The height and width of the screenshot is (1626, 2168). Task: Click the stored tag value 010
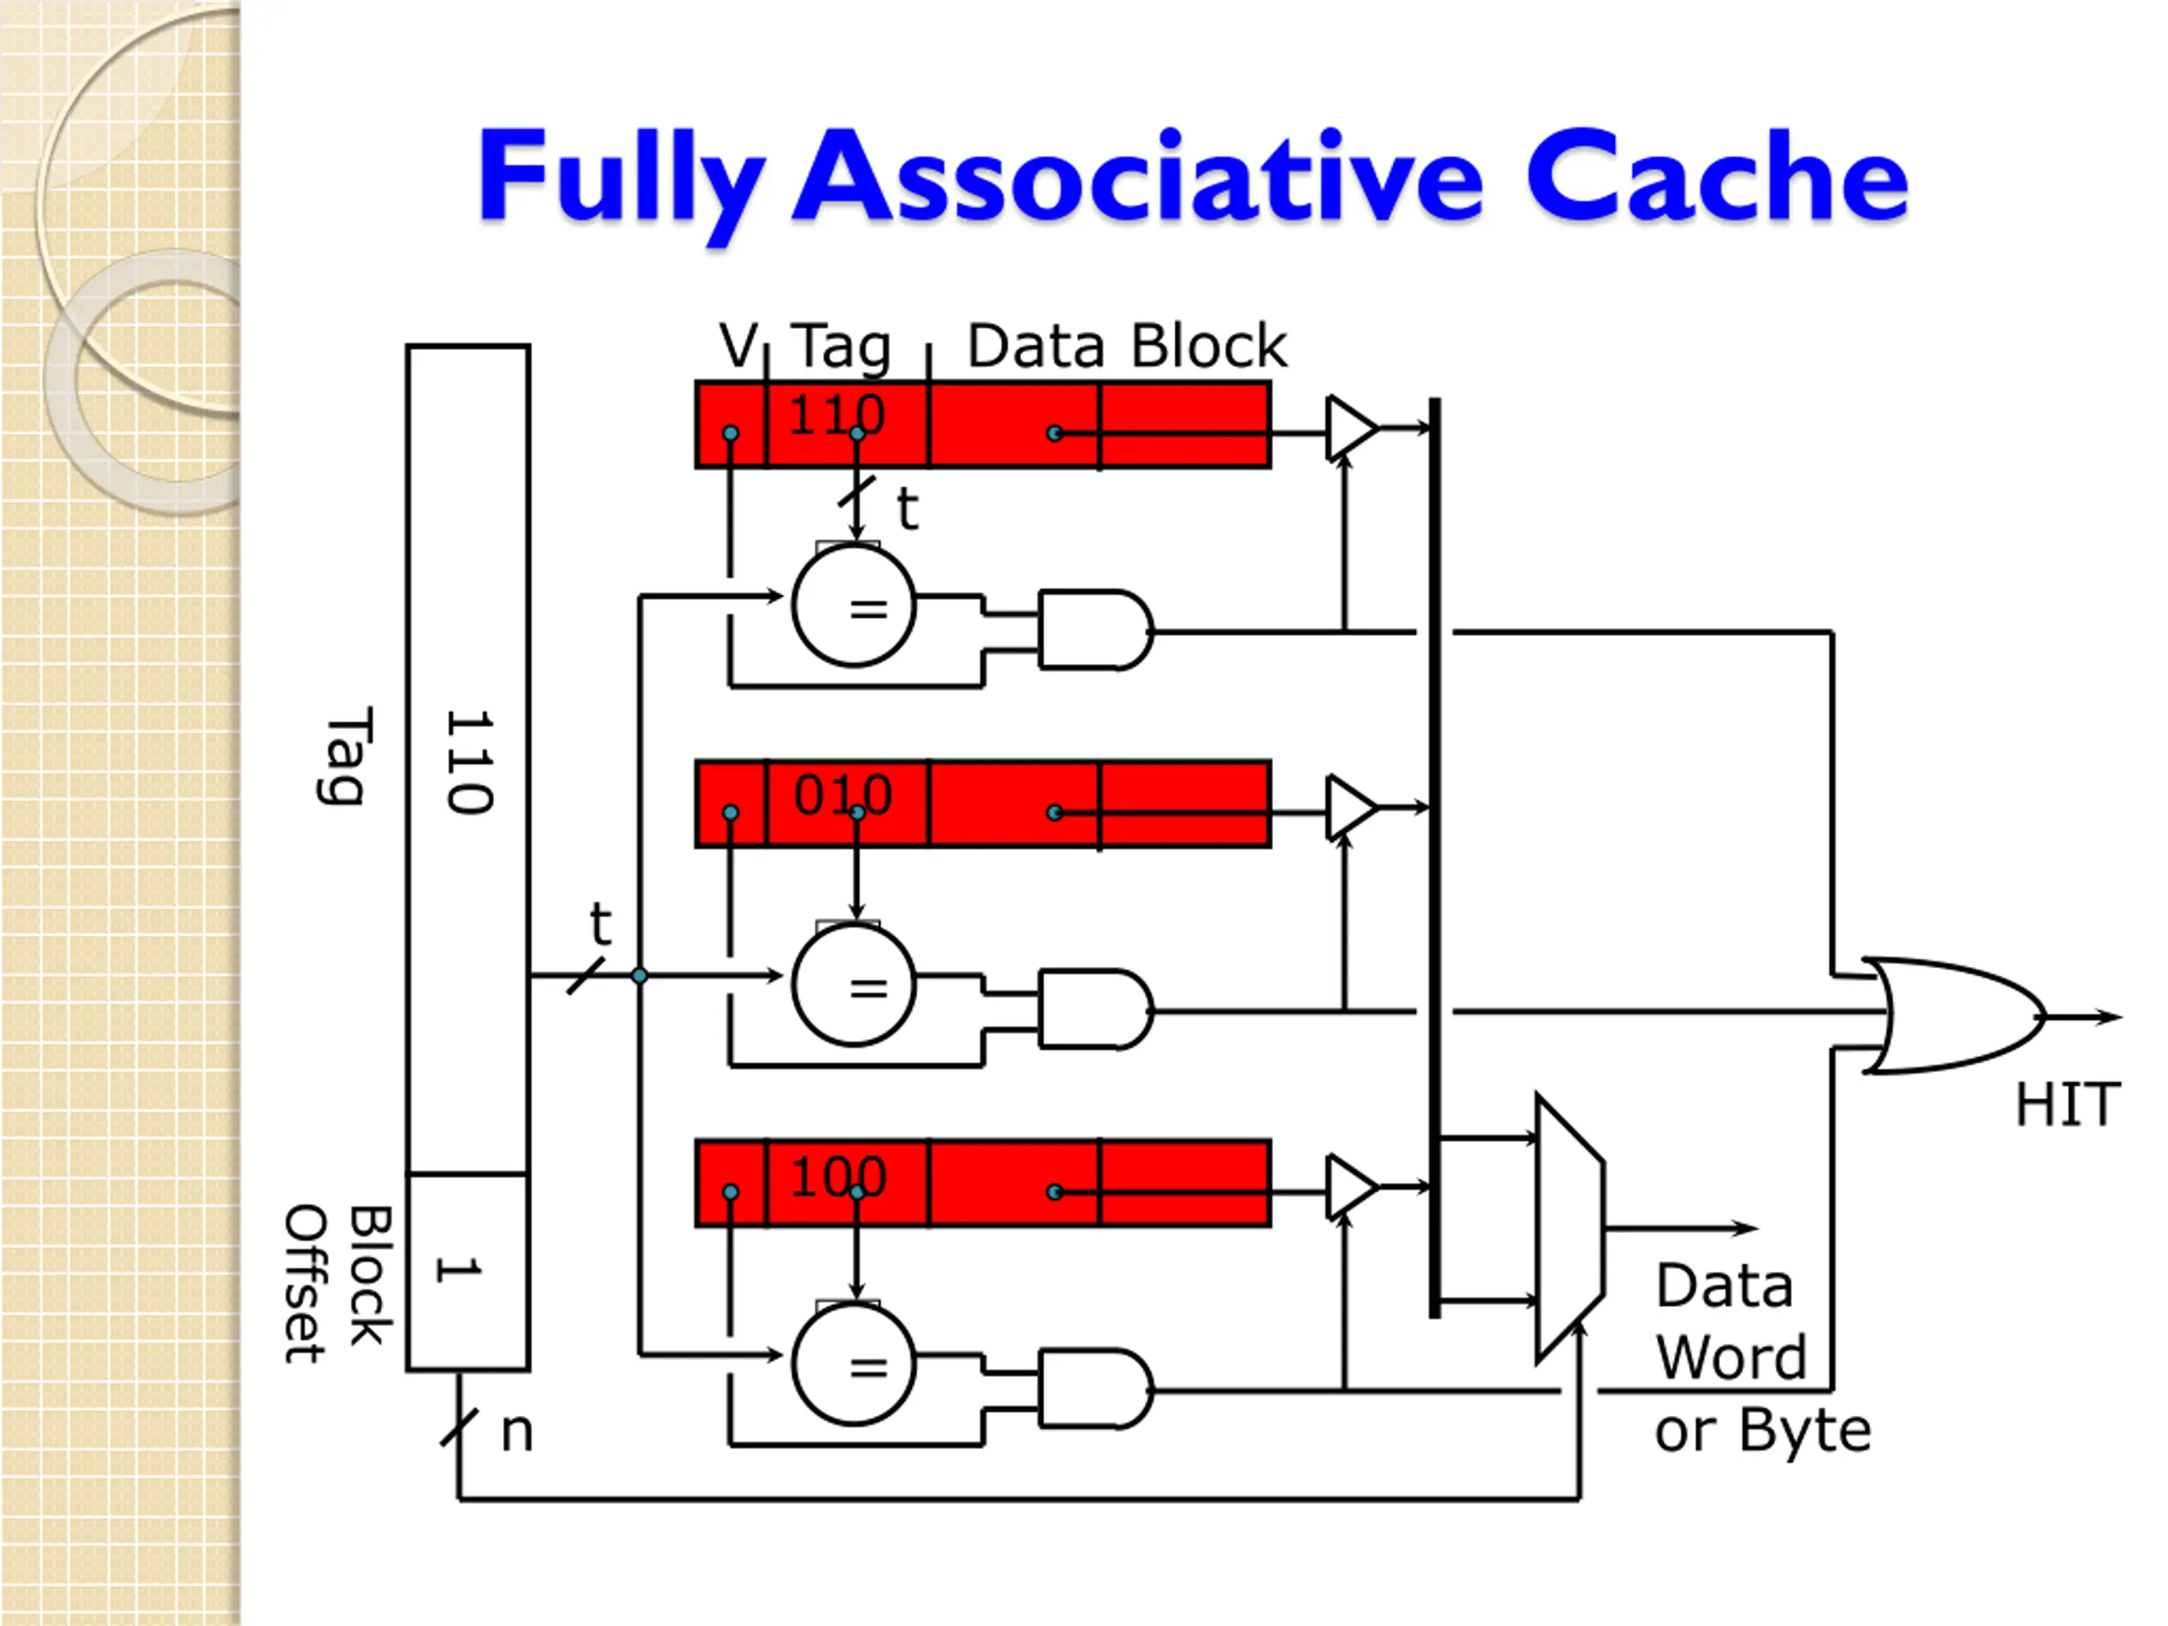[x=843, y=795]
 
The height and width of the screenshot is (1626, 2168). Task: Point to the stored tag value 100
[x=839, y=1176]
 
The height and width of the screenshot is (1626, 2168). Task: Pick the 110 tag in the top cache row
[x=837, y=415]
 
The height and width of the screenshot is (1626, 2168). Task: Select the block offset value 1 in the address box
[x=456, y=1270]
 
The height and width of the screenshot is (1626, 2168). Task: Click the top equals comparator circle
[x=854, y=606]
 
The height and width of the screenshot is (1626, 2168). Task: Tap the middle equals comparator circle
[x=854, y=985]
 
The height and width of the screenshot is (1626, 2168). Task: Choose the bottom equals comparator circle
[x=854, y=1364]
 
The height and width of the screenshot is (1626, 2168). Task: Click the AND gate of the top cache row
[x=1096, y=630]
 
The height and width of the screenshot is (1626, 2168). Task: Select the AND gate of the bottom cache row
[x=1096, y=1389]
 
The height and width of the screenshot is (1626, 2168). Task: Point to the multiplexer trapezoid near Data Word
[x=1569, y=1228]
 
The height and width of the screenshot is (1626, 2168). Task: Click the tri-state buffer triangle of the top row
[x=1352, y=429]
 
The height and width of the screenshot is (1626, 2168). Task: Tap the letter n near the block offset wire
[x=517, y=1433]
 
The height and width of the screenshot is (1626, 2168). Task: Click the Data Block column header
[x=1127, y=346]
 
